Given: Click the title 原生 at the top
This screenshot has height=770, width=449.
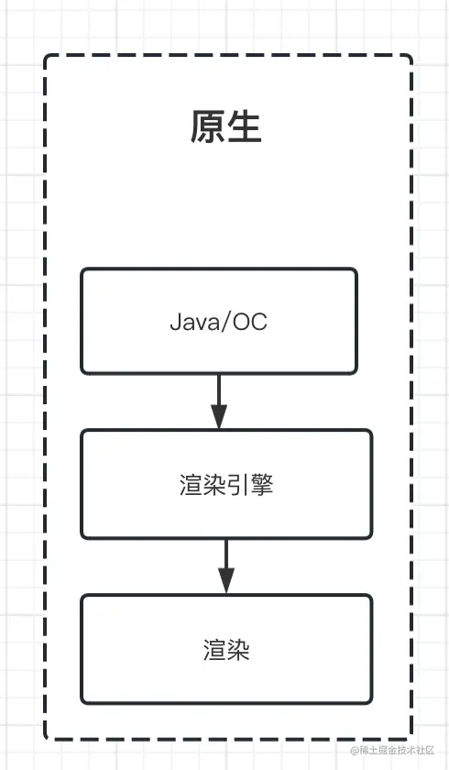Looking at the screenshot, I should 225,126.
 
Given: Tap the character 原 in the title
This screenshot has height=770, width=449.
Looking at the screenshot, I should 207,126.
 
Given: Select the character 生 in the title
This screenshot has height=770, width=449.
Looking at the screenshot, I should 245,126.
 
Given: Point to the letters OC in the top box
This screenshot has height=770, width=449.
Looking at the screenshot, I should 251,322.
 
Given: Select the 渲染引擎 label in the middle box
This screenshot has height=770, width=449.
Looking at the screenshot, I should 225,485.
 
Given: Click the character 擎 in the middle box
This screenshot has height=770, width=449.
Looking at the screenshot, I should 262,485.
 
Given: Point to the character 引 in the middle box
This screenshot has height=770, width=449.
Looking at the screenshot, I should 238,485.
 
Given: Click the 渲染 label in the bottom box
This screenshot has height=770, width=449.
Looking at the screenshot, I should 225,650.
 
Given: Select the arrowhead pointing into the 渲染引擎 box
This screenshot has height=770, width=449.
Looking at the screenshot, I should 218,418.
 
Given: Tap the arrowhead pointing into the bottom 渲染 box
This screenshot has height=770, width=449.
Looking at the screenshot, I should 225,581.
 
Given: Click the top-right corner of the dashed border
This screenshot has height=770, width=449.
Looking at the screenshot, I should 410,58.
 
